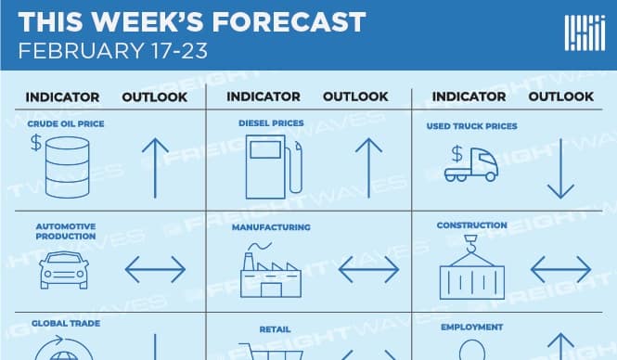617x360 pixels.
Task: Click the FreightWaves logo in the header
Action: tap(585, 33)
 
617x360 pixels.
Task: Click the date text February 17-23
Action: tap(113, 51)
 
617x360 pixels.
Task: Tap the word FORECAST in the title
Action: tap(289, 21)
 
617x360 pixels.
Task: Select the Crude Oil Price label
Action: tap(66, 123)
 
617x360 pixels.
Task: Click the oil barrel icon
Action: tap(67, 166)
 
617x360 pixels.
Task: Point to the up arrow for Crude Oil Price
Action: tap(155, 168)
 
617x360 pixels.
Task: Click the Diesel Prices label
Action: tap(271, 123)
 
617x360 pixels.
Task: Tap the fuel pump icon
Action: tap(274, 167)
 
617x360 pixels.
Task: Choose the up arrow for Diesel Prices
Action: tap(368, 168)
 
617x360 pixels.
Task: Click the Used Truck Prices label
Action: tap(472, 126)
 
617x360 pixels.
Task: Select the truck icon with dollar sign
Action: tap(471, 163)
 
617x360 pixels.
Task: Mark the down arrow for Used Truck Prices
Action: tap(560, 168)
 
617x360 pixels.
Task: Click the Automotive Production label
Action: tap(66, 231)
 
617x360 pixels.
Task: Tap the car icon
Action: tap(64, 270)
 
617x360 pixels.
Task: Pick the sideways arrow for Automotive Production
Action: tap(155, 269)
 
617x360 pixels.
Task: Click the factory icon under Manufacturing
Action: tap(271, 270)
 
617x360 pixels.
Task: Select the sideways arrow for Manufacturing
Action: tap(368, 269)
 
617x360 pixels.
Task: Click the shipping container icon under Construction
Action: tap(472, 267)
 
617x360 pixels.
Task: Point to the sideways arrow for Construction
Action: tap(560, 269)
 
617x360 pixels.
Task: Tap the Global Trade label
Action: tap(66, 324)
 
